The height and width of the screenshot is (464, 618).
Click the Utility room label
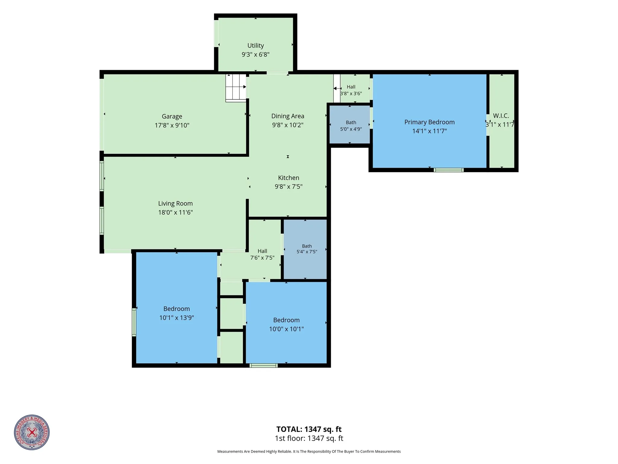(255, 46)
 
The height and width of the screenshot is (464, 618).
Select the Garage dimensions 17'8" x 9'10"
(172, 125)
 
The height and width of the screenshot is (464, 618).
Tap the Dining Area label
(288, 116)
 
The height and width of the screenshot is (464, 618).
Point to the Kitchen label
(289, 178)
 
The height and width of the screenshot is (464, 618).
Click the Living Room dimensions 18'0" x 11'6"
(175, 212)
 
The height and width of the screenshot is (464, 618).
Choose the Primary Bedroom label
(429, 122)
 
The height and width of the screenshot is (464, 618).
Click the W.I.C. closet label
(501, 116)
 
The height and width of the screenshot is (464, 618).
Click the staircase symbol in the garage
(236, 88)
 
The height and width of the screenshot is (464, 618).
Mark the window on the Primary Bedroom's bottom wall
(448, 170)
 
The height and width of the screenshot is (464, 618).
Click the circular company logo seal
(32, 432)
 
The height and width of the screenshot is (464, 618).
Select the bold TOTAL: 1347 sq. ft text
(309, 429)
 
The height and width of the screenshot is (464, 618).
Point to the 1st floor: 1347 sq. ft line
(309, 438)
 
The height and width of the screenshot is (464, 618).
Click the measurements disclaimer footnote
(309, 451)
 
